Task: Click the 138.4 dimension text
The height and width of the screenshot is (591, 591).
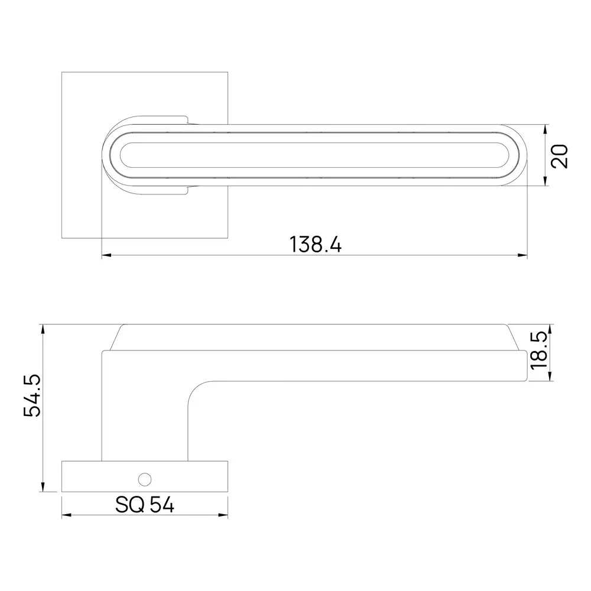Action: [x=315, y=244]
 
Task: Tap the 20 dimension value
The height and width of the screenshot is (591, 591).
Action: [x=559, y=155]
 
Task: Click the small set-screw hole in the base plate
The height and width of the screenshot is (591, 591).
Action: [x=142, y=477]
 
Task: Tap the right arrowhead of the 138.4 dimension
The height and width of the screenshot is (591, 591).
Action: [x=523, y=256]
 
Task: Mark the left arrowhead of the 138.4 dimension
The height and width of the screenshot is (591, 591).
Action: [x=106, y=256]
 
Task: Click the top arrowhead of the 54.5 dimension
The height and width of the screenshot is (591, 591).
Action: [x=43, y=328]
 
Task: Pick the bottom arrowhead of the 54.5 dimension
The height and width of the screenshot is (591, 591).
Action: [x=43, y=488]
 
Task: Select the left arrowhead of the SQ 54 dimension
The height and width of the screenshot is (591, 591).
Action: [x=66, y=515]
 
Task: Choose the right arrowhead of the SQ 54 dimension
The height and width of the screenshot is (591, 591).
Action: [x=224, y=515]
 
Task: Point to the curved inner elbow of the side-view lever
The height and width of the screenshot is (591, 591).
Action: [x=195, y=390]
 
